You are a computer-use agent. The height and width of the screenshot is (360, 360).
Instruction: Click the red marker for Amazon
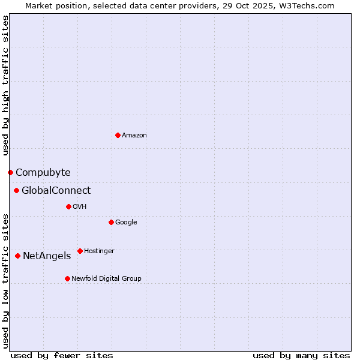coord(118,135)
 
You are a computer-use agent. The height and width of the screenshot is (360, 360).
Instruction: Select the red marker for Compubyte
coord(10,172)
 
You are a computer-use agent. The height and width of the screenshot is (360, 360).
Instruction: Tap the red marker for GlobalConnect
coord(16,191)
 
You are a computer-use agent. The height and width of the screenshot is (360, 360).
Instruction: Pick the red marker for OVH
coord(68,206)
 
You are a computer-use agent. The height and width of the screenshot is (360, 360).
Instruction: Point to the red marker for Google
coord(111,222)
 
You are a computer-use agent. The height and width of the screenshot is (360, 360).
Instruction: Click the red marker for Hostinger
coord(80,251)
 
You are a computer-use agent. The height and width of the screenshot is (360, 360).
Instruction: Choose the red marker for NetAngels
coord(17,256)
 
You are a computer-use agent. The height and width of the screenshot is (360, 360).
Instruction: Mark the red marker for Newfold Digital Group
coord(67,278)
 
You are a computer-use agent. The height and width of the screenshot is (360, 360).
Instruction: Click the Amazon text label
coord(134,136)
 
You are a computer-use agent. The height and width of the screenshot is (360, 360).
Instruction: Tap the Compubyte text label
coord(43,173)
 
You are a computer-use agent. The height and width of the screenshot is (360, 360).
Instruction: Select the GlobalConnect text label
coord(56,191)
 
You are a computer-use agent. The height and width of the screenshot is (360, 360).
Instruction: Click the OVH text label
coord(80,207)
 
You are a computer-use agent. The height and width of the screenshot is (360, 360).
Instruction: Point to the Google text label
coord(126,223)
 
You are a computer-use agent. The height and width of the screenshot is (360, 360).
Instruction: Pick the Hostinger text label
coord(99,251)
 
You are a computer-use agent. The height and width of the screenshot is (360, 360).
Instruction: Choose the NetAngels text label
coord(46,256)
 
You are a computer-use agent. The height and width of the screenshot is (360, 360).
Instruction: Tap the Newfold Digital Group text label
coord(106,279)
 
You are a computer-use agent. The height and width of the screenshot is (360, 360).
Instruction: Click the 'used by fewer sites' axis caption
coord(62,355)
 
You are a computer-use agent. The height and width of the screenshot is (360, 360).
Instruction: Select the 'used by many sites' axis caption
coord(301,355)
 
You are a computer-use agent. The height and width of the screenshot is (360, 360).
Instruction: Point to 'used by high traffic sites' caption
coord(5,85)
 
